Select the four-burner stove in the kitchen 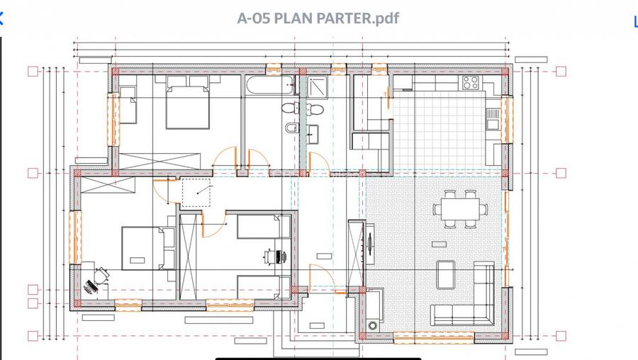pos(471,82)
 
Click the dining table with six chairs pos(460,209)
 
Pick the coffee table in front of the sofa pos(446,275)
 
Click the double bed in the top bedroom pos(188,106)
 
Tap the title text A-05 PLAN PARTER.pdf pos(318,18)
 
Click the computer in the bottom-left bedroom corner pos(92,286)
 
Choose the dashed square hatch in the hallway pos(196,192)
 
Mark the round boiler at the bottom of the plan pos(373,327)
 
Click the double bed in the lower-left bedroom pos(147,248)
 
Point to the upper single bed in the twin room pos(263,227)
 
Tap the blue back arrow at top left pos(2,18)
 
